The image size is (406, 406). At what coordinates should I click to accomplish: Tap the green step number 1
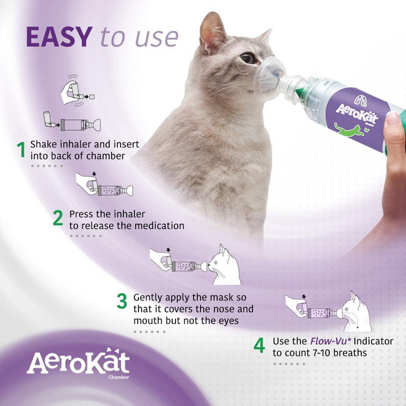click(x=21, y=149)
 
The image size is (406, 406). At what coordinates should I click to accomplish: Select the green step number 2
click(x=58, y=218)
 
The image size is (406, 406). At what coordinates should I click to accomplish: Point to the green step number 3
click(x=122, y=302)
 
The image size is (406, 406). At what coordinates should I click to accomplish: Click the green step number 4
click(x=259, y=346)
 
